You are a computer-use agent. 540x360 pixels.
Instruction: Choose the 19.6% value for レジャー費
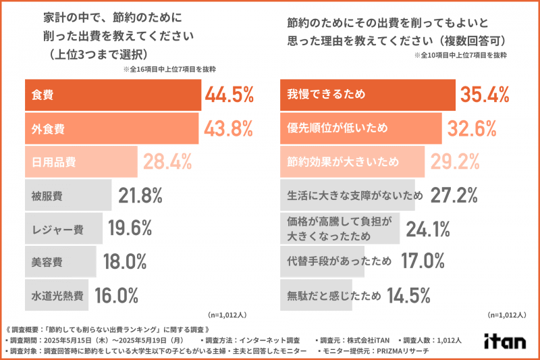point(129,229)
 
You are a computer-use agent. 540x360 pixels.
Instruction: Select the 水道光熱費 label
point(57,295)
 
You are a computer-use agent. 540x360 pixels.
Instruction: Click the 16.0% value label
point(115,295)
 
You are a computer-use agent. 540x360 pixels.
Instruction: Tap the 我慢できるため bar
point(368,95)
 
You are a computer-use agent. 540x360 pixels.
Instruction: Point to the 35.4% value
point(484,95)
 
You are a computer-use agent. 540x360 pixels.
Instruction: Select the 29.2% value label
point(455,162)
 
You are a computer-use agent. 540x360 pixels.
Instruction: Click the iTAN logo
point(505,341)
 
